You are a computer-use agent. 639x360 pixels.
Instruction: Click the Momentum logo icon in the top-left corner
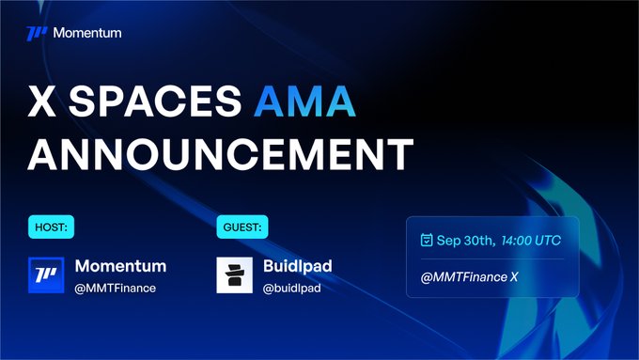coord(37,34)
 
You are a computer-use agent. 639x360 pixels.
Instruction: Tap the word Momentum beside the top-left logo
coord(87,34)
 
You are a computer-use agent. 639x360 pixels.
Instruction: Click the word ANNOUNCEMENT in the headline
coord(220,152)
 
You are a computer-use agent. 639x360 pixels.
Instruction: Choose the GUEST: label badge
coord(242,227)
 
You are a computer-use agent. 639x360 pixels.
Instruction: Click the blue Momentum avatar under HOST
coord(46,275)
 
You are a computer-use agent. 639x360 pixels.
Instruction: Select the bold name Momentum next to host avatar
coord(120,266)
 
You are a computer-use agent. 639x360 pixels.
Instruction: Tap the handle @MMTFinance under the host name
coord(115,288)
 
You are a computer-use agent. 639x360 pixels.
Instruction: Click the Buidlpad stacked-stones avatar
coord(235,275)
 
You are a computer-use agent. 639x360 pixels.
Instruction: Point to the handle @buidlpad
coord(292,288)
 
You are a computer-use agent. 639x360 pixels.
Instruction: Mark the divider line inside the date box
coord(491,259)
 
